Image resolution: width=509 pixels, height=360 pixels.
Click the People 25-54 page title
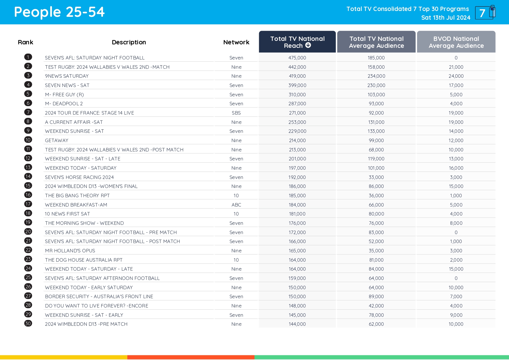pyautogui.click(x=59, y=12)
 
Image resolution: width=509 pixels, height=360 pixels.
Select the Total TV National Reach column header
pyautogui.click(x=297, y=42)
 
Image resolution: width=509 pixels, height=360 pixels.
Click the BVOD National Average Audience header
pyautogui.click(x=456, y=42)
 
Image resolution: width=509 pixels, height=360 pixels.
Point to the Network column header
pyautogui.click(x=236, y=42)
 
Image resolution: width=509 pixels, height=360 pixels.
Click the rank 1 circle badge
pyautogui.click(x=28, y=57)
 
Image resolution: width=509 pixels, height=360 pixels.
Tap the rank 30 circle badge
pyautogui.click(x=28, y=323)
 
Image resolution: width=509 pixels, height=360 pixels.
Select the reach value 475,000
pyautogui.click(x=297, y=58)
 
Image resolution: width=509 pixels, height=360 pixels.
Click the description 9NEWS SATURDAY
pyautogui.click(x=67, y=76)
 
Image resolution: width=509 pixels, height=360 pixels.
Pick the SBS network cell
pyautogui.click(x=236, y=113)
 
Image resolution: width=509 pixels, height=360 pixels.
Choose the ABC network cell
pyautogui.click(x=236, y=205)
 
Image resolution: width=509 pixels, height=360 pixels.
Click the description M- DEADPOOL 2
pyautogui.click(x=64, y=104)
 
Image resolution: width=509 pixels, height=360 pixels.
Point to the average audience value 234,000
pyautogui.click(x=376, y=76)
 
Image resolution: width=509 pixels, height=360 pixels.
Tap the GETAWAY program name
pyautogui.click(x=57, y=140)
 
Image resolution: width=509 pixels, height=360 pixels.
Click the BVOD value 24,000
pyautogui.click(x=456, y=76)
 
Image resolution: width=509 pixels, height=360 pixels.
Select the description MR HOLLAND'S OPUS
pyautogui.click(x=70, y=251)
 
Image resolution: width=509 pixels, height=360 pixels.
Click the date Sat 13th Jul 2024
pyautogui.click(x=446, y=18)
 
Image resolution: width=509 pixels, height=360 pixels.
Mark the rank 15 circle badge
pyautogui.click(x=28, y=186)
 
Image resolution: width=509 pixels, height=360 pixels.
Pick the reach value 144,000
pyautogui.click(x=297, y=324)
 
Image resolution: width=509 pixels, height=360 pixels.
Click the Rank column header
pyautogui.click(x=26, y=42)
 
